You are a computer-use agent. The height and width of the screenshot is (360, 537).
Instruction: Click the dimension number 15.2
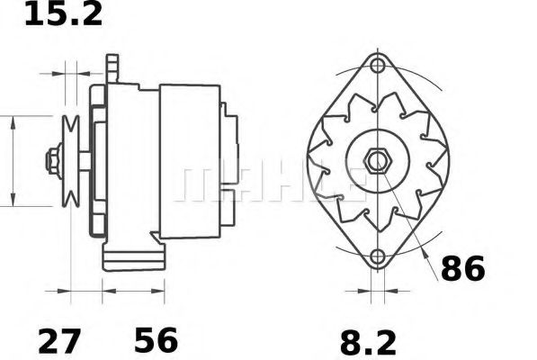(63, 14)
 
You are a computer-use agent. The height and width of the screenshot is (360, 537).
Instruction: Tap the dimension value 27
(59, 341)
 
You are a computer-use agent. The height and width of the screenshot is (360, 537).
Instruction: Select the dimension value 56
(156, 341)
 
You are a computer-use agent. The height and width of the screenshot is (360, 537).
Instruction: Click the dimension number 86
(463, 268)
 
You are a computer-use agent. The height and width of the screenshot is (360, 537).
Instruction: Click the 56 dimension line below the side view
(134, 291)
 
